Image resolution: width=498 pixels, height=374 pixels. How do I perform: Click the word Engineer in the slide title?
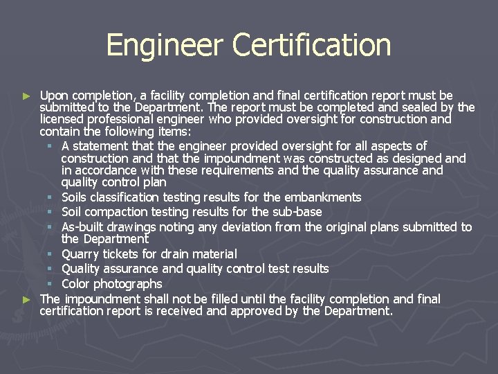coord(165,46)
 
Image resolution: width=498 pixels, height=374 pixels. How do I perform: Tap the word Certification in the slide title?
coord(312,46)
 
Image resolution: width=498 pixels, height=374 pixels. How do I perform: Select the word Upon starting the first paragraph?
coord(53,96)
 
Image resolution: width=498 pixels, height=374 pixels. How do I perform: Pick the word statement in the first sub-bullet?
coord(98,146)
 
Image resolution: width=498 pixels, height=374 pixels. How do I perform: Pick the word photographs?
coord(129,284)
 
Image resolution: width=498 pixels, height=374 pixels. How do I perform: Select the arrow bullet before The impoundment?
coord(27,299)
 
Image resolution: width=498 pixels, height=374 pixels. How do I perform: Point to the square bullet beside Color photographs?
coord(50,284)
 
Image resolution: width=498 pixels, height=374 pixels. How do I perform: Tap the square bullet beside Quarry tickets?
coord(50,254)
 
